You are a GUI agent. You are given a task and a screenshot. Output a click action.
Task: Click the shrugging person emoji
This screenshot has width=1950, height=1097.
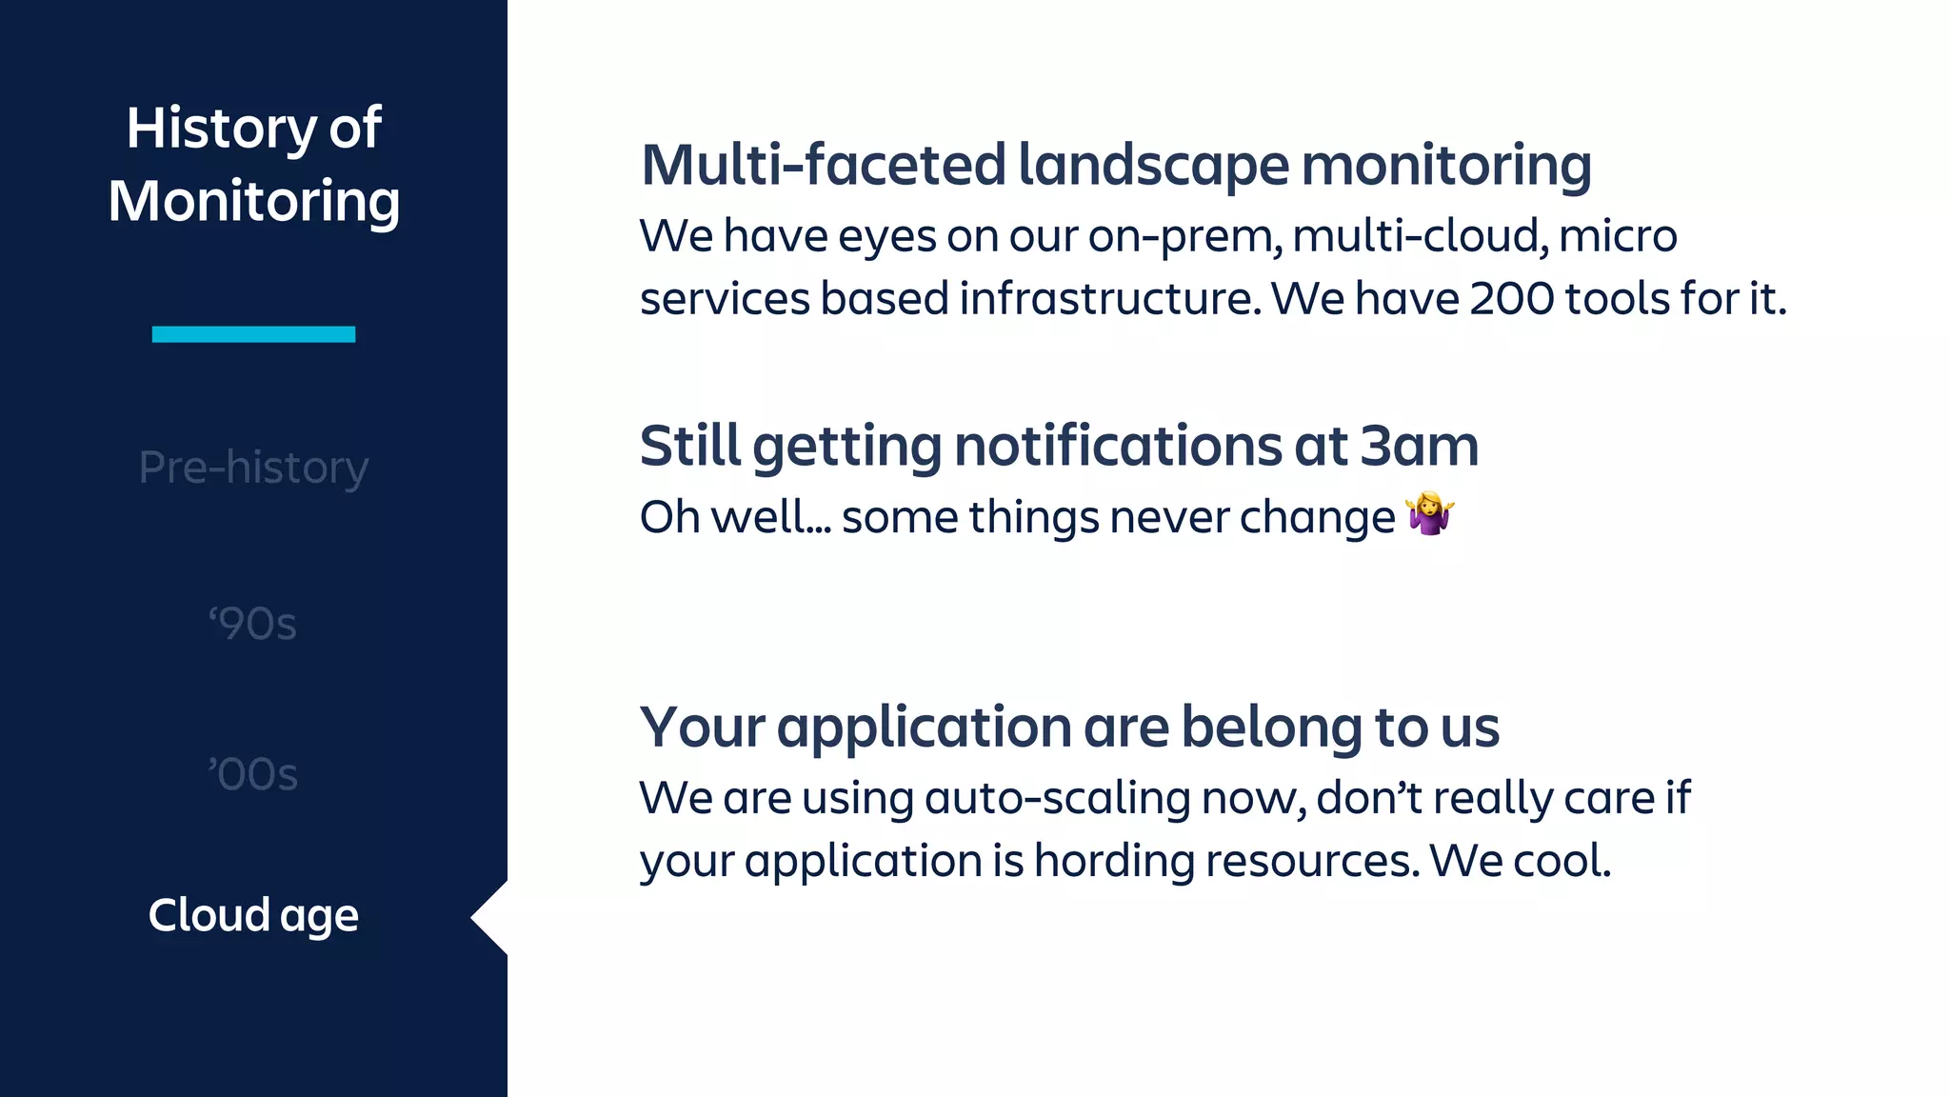(x=1430, y=514)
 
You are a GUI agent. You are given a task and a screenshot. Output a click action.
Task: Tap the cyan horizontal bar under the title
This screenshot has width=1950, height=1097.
(x=253, y=334)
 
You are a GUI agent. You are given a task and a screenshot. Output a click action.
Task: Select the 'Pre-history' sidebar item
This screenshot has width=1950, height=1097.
(x=253, y=468)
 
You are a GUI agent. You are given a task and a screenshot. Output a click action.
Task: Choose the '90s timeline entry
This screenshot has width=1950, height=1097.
(x=253, y=625)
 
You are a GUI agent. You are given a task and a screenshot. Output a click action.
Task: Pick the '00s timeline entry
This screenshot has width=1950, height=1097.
(x=253, y=774)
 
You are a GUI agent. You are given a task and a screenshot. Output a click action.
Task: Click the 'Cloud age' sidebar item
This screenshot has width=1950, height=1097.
(x=253, y=915)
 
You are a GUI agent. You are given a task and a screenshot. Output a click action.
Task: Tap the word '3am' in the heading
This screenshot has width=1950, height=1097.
(x=1419, y=446)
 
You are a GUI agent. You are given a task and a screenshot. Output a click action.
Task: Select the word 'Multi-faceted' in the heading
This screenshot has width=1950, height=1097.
(x=823, y=165)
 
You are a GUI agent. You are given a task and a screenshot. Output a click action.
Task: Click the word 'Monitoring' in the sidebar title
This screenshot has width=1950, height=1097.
(x=253, y=201)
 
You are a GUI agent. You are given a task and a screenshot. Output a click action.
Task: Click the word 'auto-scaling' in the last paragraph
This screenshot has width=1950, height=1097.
(x=1057, y=798)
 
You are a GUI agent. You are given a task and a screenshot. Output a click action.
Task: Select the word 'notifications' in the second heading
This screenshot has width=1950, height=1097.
(x=1118, y=446)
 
